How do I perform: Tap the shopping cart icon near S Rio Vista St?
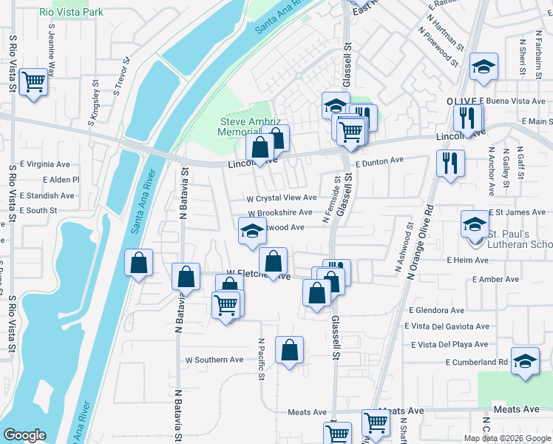[x=33, y=81]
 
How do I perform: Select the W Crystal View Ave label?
[x=282, y=198]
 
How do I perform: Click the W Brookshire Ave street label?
[x=279, y=212]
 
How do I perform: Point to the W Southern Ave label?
[x=214, y=360]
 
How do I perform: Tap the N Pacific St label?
[x=261, y=360]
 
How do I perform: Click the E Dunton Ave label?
[x=380, y=160]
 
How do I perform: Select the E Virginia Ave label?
[x=44, y=164]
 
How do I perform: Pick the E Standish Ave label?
[x=48, y=196]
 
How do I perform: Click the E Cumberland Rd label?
[x=477, y=362]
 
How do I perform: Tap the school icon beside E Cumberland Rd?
[x=525, y=362]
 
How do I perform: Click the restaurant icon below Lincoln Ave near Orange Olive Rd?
[x=450, y=162]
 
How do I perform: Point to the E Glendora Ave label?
[x=434, y=311]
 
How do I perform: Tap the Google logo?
[x=24, y=435]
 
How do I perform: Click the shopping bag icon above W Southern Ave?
[x=290, y=350]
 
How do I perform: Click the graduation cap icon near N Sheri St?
[x=484, y=68]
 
